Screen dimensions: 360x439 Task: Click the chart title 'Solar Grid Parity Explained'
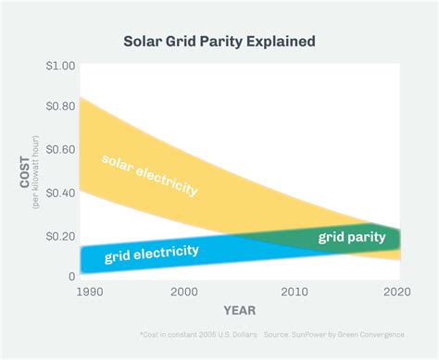[219, 42]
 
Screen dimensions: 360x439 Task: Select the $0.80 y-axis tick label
[62, 106]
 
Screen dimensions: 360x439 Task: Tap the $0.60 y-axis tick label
[62, 149]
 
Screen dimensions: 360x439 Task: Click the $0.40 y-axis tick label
[62, 192]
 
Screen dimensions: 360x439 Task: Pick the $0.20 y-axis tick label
[62, 234]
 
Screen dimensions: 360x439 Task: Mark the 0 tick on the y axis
[71, 276]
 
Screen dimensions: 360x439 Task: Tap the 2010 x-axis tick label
[295, 291]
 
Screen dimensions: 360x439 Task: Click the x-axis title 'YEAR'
[240, 310]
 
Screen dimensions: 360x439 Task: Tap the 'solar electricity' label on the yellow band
[149, 173]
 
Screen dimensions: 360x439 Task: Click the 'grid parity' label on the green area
[351, 238]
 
